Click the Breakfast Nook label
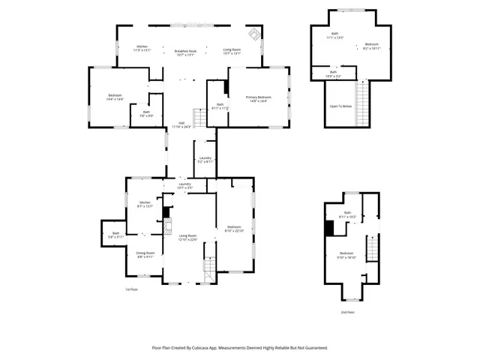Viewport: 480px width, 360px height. tap(185, 52)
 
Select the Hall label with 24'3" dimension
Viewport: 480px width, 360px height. tap(181, 125)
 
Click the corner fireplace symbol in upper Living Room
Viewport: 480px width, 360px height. tap(254, 34)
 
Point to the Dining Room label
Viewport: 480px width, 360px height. tap(145, 254)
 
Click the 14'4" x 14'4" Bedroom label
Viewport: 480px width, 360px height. tap(115, 97)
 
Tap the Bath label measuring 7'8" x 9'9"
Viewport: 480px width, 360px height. tap(145, 114)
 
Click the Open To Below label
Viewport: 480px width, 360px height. tap(340, 106)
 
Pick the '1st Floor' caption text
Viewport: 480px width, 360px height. tap(131, 289)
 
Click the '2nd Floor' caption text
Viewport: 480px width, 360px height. tap(347, 311)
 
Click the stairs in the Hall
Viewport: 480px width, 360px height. tap(200, 118)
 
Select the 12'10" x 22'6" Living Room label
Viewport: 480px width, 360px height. tap(187, 238)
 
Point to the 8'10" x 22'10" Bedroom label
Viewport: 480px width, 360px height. tap(234, 229)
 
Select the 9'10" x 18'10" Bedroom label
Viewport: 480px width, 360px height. tap(346, 254)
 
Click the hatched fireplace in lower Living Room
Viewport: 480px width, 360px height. tap(168, 227)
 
